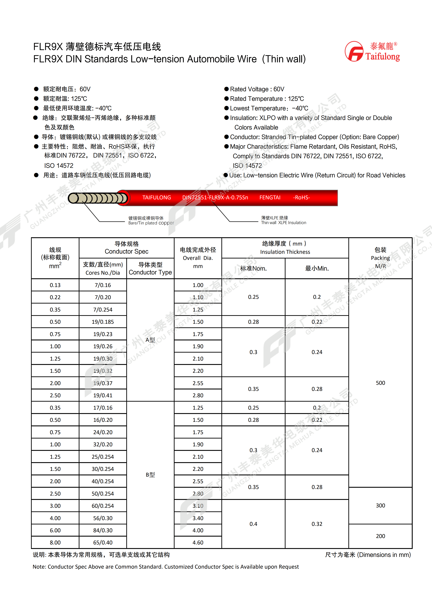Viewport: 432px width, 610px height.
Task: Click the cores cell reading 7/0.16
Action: (103, 285)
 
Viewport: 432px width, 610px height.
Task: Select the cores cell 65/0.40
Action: (103, 543)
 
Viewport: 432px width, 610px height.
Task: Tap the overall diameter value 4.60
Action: (198, 543)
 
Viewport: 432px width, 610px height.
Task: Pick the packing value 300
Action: (380, 506)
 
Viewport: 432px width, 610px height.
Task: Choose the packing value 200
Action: (380, 536)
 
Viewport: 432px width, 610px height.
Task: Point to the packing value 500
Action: (380, 383)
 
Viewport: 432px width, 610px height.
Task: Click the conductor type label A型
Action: (150, 340)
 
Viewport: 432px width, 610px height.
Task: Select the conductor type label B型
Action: (150, 475)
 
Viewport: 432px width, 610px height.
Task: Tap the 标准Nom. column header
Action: (253, 269)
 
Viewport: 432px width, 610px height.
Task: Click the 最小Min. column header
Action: (317, 269)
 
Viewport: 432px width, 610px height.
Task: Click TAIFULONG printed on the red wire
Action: (156, 198)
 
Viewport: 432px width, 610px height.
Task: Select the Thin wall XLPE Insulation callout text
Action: (284, 223)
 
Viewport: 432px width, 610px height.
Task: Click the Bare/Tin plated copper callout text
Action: (151, 223)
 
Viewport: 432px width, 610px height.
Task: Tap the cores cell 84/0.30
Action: (103, 530)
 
